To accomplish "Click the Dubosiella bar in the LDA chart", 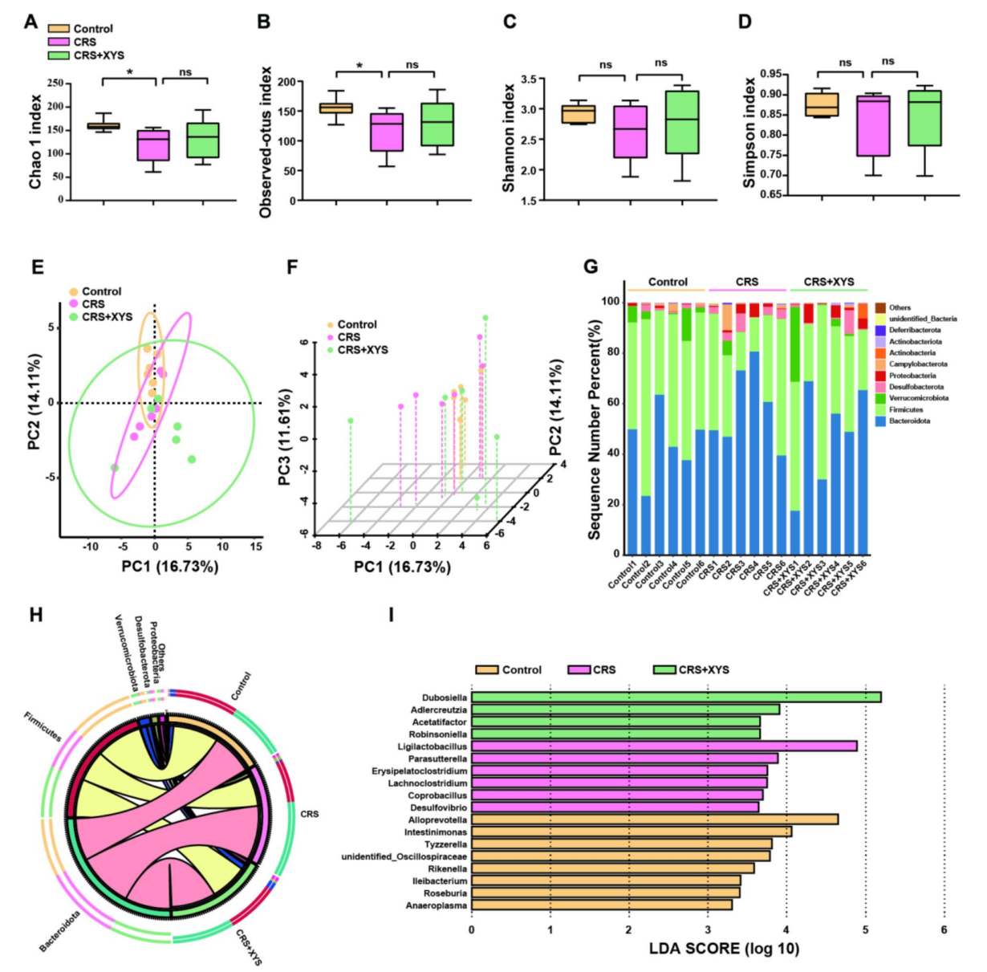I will click(676, 697).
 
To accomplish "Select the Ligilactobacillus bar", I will click(664, 746).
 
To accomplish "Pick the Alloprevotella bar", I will click(654, 819).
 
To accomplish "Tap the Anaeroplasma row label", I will click(437, 905).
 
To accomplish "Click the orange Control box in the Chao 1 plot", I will click(104, 126).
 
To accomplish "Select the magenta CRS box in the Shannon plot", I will click(630, 132).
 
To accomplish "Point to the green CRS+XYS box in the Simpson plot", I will click(924, 118).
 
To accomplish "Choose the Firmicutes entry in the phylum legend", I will click(905, 409).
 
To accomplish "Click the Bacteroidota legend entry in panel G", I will click(909, 421).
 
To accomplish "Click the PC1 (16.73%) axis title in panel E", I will click(169, 567).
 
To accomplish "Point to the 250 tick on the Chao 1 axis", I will click(55, 83).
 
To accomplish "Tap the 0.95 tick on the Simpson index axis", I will click(770, 75).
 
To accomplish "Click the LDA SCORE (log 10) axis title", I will click(724, 949).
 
